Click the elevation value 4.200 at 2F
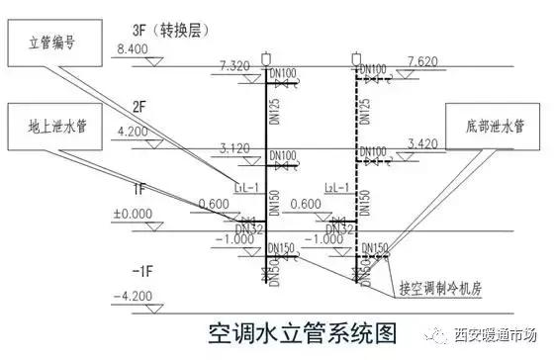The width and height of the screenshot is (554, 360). pyautogui.click(x=132, y=131)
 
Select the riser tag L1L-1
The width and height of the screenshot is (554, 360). pyautogui.click(x=246, y=186)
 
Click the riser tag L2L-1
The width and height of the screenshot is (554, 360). pyautogui.click(x=337, y=186)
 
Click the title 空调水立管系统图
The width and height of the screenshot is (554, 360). pyautogui.click(x=276, y=329)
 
